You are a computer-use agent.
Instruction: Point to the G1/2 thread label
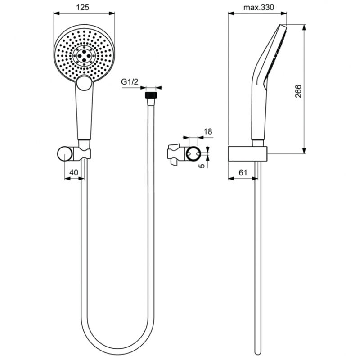(x=130, y=81)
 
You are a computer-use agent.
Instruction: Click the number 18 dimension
(x=208, y=131)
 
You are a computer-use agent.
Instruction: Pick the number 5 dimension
(x=202, y=165)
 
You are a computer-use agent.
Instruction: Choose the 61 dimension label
(x=243, y=172)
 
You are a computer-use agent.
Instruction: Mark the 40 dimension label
(x=74, y=172)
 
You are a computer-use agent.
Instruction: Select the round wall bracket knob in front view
(x=65, y=153)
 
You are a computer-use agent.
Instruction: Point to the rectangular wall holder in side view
(x=247, y=153)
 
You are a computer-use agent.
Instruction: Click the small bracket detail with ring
(x=185, y=153)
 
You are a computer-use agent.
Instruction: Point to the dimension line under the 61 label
(x=243, y=179)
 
